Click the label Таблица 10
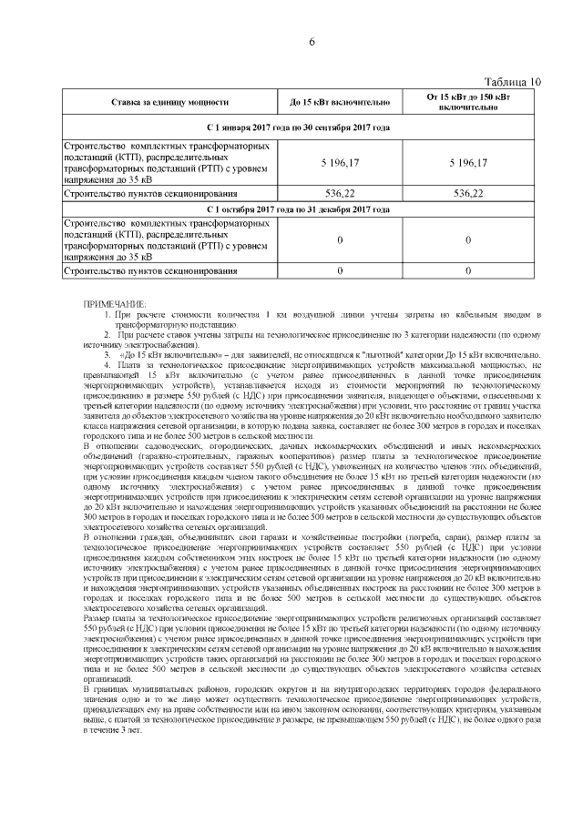click(x=512, y=81)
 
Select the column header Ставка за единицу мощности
click(x=168, y=102)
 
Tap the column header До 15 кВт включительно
click(x=340, y=102)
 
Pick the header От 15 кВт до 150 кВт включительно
click(x=467, y=102)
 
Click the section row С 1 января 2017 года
click(x=298, y=127)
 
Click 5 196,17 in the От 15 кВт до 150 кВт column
click(x=467, y=161)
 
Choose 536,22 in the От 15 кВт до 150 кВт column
click(x=467, y=194)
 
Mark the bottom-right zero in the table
click(x=467, y=271)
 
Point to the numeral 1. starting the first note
click(x=107, y=314)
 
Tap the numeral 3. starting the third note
click(x=107, y=354)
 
